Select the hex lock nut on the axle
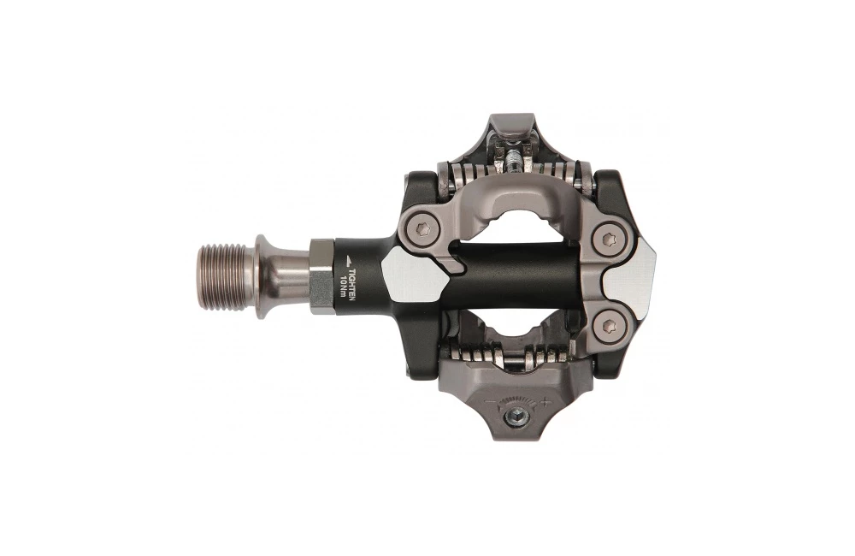coord(321,275)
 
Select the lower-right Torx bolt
coord(608,325)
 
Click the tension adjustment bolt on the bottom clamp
coord(516,416)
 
